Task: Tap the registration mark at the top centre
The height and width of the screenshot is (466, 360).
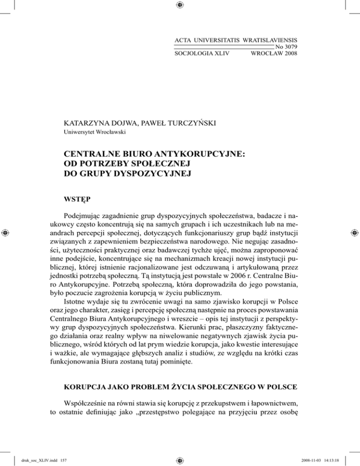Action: pos(180,5)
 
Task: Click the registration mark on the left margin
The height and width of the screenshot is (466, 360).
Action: pos(6,233)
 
